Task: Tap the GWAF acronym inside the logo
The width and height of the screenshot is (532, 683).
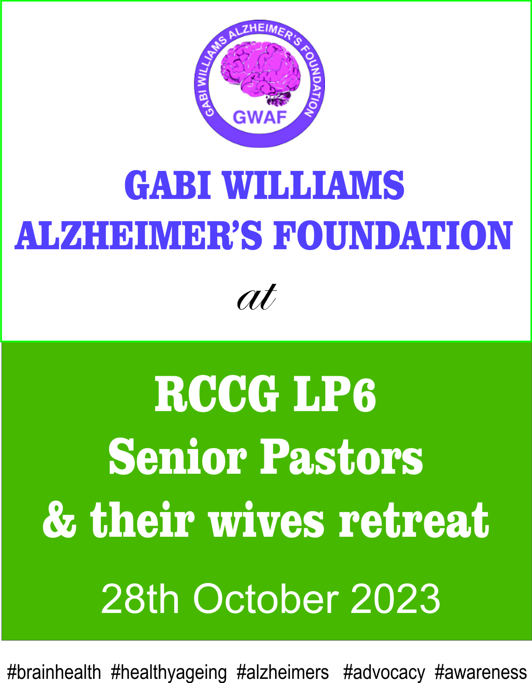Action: (260, 117)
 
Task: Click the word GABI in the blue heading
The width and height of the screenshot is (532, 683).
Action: (168, 185)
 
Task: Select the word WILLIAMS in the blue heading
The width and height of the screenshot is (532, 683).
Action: (314, 185)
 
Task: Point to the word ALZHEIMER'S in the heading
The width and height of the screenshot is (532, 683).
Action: (138, 235)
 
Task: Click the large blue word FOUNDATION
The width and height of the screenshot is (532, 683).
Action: (392, 235)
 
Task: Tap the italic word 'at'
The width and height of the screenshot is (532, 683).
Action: (257, 297)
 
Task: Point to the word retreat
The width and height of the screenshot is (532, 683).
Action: (414, 520)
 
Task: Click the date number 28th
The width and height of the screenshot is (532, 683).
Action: (140, 599)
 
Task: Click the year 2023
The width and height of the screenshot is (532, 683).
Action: (395, 599)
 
